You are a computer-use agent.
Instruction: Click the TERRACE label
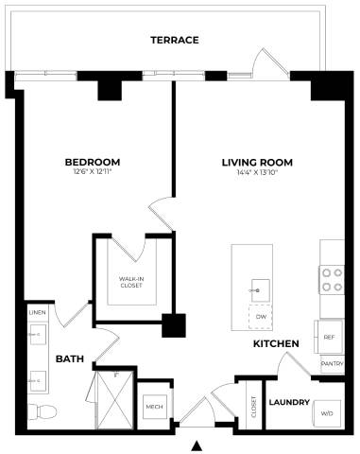pyautogui.click(x=175, y=41)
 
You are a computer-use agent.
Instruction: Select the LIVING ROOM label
pyautogui.click(x=257, y=162)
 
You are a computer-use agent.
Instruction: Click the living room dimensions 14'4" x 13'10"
pyautogui.click(x=257, y=172)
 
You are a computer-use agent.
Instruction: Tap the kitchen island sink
pyautogui.click(x=258, y=287)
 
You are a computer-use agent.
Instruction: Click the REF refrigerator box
pyautogui.click(x=330, y=336)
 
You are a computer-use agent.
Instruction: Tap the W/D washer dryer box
pyautogui.click(x=328, y=413)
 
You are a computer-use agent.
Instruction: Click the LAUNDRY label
pyautogui.click(x=289, y=402)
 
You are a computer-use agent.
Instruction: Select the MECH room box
pyautogui.click(x=152, y=408)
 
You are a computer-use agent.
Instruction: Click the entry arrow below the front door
pyautogui.click(x=197, y=445)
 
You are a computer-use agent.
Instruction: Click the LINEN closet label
pyautogui.click(x=38, y=312)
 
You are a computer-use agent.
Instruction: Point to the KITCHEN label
pyautogui.click(x=276, y=343)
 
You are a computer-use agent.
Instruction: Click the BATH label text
pyautogui.click(x=71, y=359)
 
